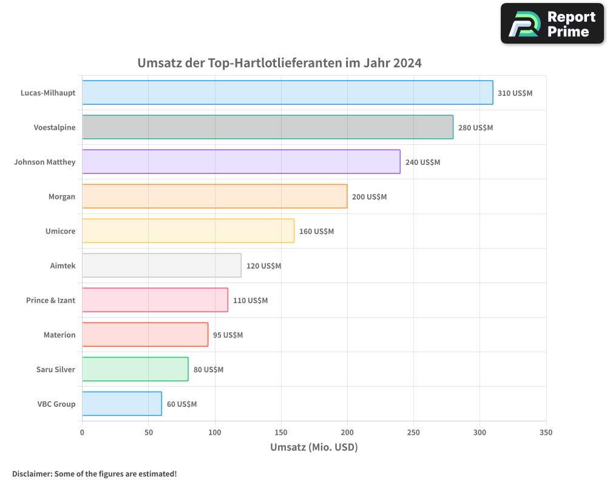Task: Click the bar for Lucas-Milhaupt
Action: coord(287,93)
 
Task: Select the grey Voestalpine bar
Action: coord(268,127)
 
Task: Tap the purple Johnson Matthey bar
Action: coord(241,162)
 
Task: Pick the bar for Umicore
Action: coord(188,231)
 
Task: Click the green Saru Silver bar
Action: coord(135,369)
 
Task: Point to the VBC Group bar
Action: coord(121,404)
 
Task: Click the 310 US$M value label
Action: coord(515,93)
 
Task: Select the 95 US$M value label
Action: coord(228,335)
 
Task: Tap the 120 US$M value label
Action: coord(263,266)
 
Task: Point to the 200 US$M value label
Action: coord(369,197)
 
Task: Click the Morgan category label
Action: coord(62,197)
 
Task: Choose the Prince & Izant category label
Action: coord(50,301)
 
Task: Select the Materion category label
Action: coord(59,335)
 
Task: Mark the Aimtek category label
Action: coord(63,266)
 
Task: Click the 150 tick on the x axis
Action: coord(281,432)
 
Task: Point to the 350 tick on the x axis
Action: coord(546,432)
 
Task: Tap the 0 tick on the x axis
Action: coord(82,432)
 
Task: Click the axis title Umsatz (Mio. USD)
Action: coord(314,447)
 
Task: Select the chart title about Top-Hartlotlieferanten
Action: coord(279,63)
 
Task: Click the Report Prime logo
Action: coord(552,24)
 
